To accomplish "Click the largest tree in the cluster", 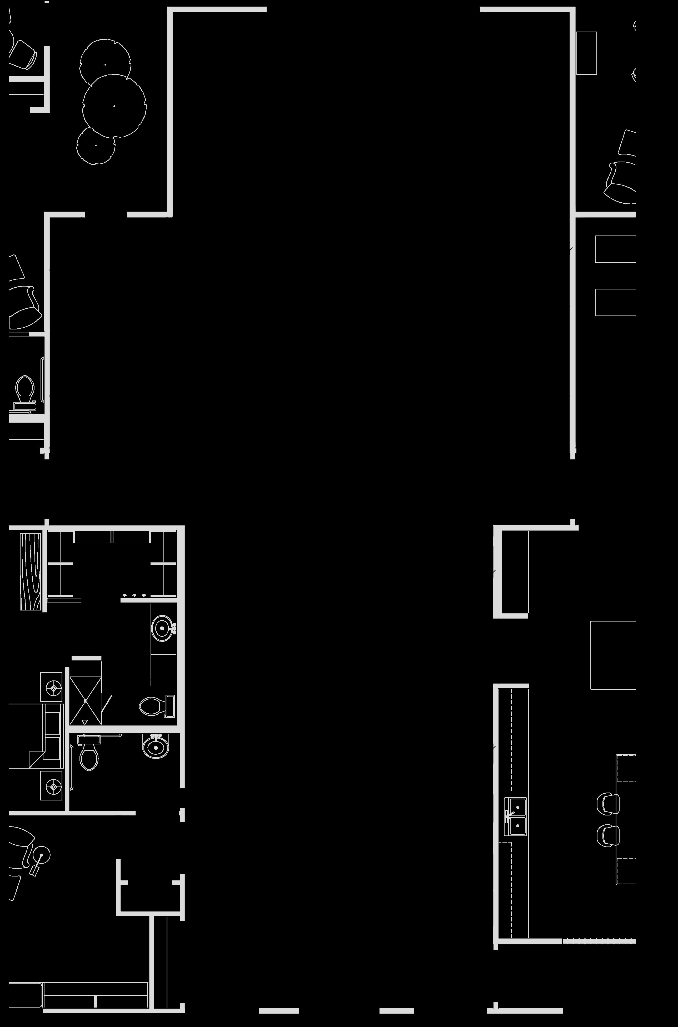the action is tap(114, 106).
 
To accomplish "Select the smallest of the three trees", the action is tap(96, 145).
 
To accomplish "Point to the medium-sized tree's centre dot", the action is tap(105, 65).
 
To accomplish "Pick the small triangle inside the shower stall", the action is tap(84, 722).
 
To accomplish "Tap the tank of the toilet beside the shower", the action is tap(170, 706).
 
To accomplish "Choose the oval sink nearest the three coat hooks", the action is tap(162, 628).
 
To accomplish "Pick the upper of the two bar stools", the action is tap(607, 803).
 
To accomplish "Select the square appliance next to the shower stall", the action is tap(52, 687).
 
